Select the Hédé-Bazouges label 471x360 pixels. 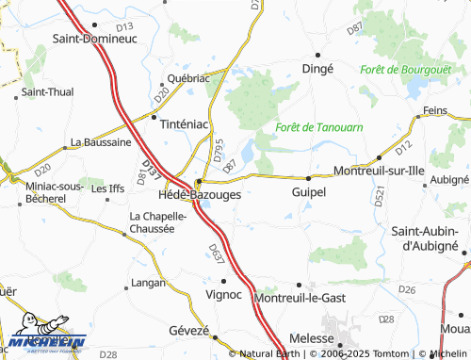[199, 194]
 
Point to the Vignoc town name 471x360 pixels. [223, 294]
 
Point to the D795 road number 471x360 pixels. [218, 151]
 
